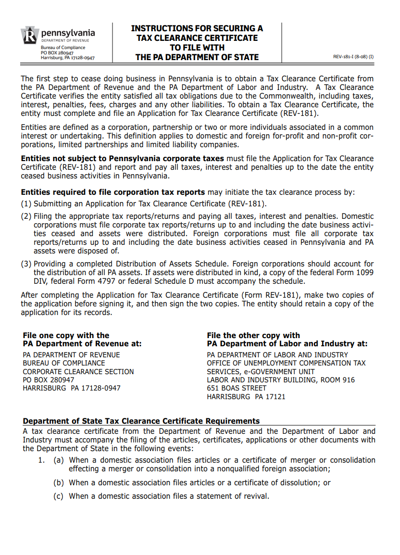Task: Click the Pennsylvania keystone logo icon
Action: pos(29,36)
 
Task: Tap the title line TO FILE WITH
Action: pos(197,48)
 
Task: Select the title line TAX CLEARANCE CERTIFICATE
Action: pos(197,38)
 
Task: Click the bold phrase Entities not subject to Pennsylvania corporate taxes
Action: pos(122,159)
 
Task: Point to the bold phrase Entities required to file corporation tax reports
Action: pos(113,192)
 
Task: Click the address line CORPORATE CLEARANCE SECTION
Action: pos(78,372)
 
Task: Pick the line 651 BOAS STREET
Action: pos(237,388)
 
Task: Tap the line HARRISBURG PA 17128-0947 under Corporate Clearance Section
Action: pos(72,388)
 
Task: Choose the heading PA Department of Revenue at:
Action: pos(82,344)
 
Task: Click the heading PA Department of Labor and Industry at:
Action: pos(287,344)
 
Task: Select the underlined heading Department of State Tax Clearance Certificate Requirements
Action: pos(141,421)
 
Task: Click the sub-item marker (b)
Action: pos(59,483)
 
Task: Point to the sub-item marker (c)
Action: pos(59,496)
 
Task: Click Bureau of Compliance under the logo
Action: pos(63,48)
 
